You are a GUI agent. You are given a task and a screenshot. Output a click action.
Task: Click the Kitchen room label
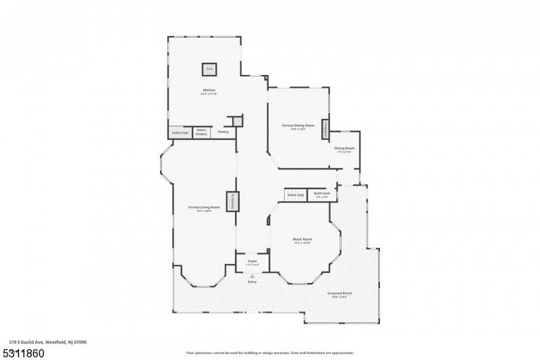click(x=209, y=91)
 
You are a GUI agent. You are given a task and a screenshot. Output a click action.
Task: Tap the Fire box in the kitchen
click(x=209, y=70)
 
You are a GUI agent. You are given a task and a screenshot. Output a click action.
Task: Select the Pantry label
click(x=223, y=132)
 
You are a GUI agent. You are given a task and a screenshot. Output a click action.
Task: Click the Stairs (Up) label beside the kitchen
click(x=179, y=132)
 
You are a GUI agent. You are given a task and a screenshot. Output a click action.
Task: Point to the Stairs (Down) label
click(x=201, y=132)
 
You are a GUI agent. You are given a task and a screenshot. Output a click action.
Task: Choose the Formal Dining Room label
click(x=298, y=125)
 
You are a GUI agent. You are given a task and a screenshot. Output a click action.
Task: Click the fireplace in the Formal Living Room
click(x=232, y=201)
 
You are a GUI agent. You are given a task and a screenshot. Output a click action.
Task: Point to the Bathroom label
click(x=322, y=194)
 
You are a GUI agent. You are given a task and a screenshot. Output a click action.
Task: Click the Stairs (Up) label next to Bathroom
click(x=296, y=195)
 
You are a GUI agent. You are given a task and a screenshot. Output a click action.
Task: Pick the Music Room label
click(x=302, y=239)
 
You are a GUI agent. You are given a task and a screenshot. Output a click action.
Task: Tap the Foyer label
click(x=252, y=261)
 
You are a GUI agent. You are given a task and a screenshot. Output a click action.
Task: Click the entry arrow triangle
click(x=252, y=276)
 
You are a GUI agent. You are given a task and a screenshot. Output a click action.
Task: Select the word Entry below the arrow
click(x=252, y=282)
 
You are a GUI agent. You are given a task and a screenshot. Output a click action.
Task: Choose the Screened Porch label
click(x=340, y=293)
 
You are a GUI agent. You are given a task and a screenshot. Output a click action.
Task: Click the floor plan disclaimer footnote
click(x=269, y=353)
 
